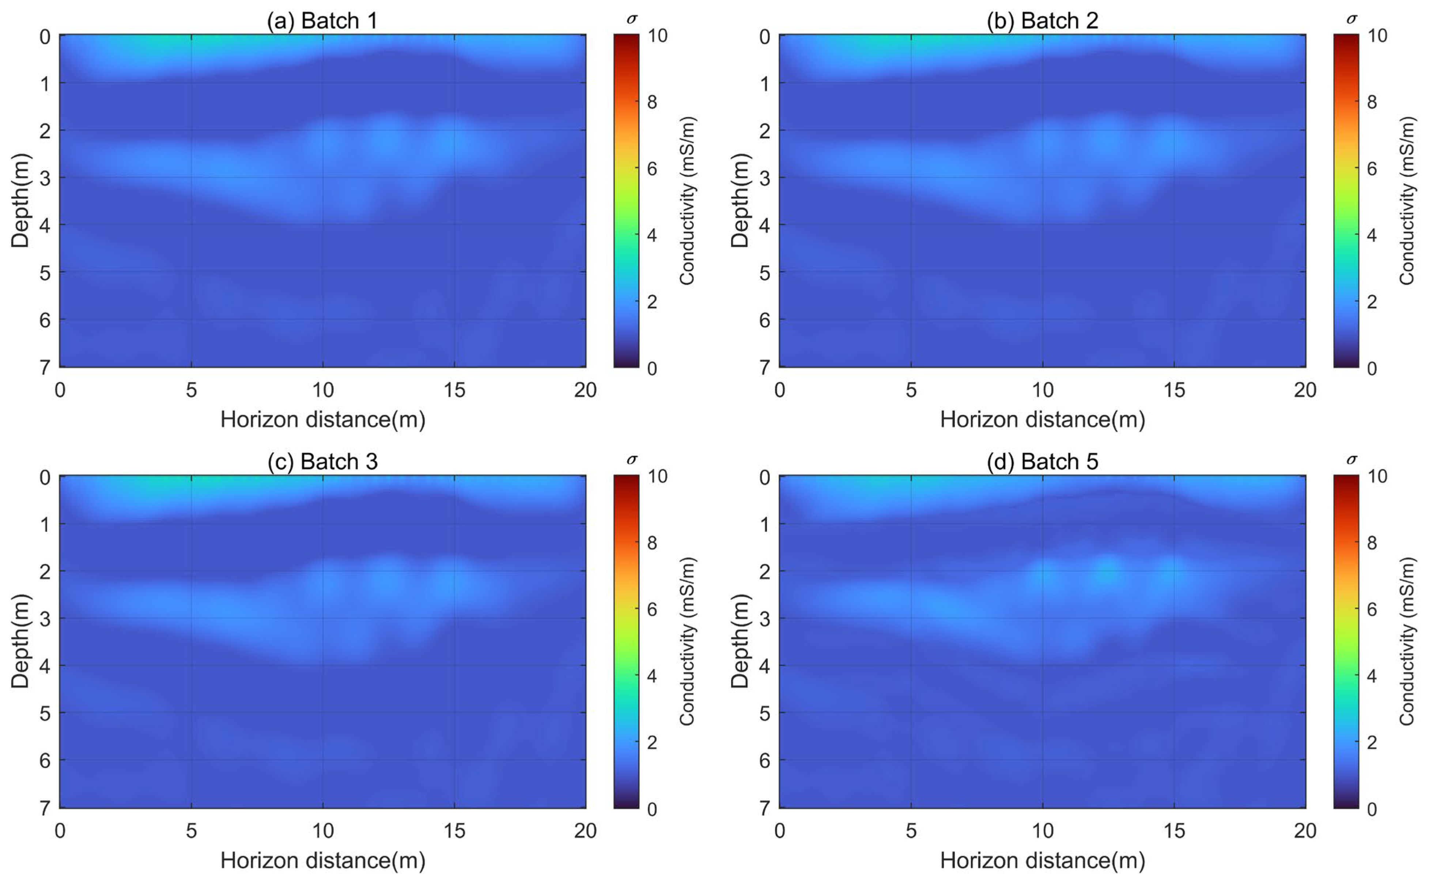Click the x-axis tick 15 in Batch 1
[x=454, y=390]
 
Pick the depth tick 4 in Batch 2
[x=764, y=225]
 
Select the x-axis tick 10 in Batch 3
[x=323, y=831]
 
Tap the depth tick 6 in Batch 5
[x=764, y=761]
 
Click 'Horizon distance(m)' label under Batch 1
[x=323, y=420]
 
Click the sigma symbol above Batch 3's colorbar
[x=631, y=459]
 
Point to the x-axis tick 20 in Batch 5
[x=1305, y=831]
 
